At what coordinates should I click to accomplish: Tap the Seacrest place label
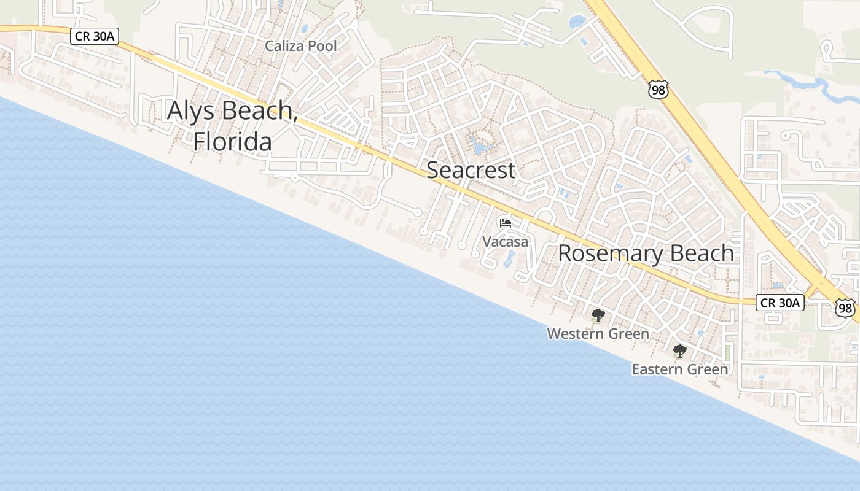pyautogui.click(x=471, y=170)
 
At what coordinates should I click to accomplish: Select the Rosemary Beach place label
pyautogui.click(x=646, y=253)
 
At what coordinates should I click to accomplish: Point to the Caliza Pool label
pyautogui.click(x=301, y=46)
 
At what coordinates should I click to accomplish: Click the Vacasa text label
pyautogui.click(x=505, y=242)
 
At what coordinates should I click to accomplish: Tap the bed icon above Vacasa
pyautogui.click(x=506, y=223)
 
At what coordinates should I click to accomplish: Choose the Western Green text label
pyautogui.click(x=598, y=334)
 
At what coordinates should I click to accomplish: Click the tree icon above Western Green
pyautogui.click(x=597, y=316)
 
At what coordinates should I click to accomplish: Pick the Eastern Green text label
pyautogui.click(x=679, y=369)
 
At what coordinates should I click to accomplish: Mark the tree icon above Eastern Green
pyautogui.click(x=679, y=352)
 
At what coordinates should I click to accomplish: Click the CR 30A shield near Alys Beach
pyautogui.click(x=94, y=36)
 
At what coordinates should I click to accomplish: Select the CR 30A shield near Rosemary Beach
pyautogui.click(x=780, y=303)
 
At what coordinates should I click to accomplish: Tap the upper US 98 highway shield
pyautogui.click(x=658, y=90)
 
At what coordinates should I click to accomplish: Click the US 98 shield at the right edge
pyautogui.click(x=845, y=308)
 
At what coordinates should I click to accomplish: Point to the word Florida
pyautogui.click(x=232, y=141)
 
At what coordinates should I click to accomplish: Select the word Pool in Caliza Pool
pyautogui.click(x=323, y=46)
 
